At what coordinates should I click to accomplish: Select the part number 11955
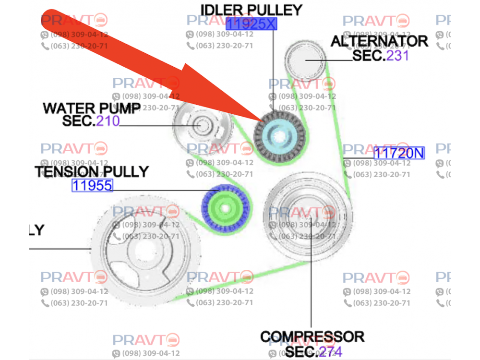[92, 185]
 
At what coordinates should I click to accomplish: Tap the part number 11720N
[399, 153]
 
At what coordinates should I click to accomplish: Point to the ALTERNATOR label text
[379, 41]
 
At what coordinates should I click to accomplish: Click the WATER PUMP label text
[92, 108]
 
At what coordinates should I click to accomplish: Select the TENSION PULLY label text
[91, 171]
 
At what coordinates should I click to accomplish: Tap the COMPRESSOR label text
[312, 336]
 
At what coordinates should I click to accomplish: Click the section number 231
[398, 56]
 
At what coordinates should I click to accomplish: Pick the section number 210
[108, 120]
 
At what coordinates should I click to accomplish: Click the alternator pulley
[305, 60]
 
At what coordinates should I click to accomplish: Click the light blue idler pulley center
[279, 136]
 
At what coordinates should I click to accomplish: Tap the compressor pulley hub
[307, 217]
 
